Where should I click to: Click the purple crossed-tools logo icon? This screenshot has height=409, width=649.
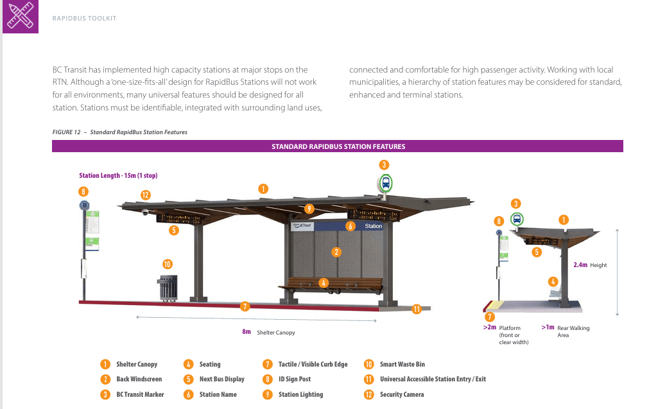coord(21,16)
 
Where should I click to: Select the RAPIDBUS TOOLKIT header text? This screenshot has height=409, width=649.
coord(85,18)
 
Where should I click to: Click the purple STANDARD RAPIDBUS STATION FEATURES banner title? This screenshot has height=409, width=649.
coord(338,146)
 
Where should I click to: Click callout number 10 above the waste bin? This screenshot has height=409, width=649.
coord(167,264)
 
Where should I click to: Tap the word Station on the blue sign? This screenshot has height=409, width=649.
coord(374,226)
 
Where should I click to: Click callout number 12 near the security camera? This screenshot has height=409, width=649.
coord(145,195)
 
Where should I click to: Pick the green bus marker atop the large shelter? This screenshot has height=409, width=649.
coord(385,183)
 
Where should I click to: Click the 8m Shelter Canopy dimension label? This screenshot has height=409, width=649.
coord(268,332)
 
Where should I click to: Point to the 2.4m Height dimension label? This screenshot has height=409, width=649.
coord(590,265)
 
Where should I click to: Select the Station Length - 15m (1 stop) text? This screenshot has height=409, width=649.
coord(118,175)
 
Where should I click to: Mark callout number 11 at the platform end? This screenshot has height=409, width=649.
coord(417,309)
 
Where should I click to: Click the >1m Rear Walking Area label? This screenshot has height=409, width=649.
coord(566,331)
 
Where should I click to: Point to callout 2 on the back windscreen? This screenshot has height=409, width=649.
coord(336,252)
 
